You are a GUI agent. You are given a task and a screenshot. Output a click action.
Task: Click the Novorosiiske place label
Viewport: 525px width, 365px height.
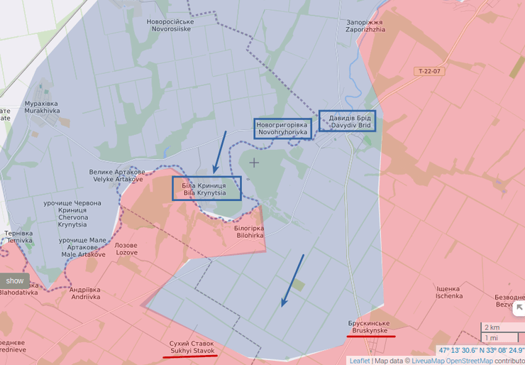click(x=170, y=26)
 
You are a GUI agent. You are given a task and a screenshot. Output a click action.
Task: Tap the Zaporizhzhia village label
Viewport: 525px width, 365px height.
click(x=366, y=26)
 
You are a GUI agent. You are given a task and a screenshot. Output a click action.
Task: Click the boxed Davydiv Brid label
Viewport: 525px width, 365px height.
click(x=347, y=121)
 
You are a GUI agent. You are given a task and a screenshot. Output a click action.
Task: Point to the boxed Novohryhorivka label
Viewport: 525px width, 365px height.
click(x=282, y=129)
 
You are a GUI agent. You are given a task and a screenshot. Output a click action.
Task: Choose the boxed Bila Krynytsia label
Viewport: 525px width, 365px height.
click(x=206, y=188)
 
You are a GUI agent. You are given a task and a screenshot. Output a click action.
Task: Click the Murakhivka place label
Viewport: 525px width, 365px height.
click(x=41, y=107)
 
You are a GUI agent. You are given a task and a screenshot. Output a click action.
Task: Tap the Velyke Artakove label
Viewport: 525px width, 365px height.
click(x=117, y=175)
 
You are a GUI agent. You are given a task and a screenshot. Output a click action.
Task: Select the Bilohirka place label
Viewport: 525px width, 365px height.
click(x=248, y=231)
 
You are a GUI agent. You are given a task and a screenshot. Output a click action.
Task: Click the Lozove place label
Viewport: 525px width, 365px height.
click(x=126, y=249)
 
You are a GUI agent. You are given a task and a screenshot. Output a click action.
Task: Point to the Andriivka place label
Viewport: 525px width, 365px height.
click(x=85, y=293)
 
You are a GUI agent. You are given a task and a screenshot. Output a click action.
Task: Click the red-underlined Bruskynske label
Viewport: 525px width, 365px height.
click(x=371, y=327)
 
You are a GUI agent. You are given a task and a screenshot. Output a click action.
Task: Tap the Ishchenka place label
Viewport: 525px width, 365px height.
click(x=449, y=292)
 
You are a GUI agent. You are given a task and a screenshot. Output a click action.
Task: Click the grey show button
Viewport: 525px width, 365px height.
click(x=15, y=280)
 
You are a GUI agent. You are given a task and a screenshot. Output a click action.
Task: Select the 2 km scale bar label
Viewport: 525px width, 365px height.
click(x=492, y=327)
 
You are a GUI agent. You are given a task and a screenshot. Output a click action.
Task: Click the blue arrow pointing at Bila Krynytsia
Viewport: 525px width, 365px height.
click(x=220, y=152)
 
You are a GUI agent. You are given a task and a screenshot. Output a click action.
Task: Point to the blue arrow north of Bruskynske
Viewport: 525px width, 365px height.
click(x=293, y=280)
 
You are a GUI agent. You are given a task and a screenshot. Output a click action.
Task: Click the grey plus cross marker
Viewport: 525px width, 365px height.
click(x=254, y=163)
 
